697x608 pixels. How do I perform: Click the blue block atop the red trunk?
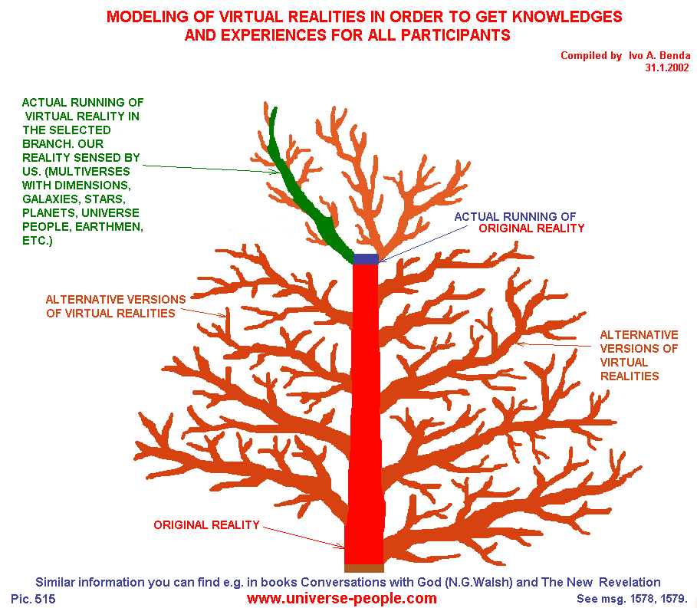[x=366, y=259]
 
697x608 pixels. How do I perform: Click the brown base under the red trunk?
[x=363, y=568]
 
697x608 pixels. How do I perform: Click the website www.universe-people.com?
[x=341, y=598]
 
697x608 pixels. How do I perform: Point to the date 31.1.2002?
[x=668, y=67]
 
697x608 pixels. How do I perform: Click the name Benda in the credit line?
[x=674, y=55]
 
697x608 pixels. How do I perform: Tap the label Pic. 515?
[x=34, y=598]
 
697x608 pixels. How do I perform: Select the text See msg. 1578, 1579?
[x=630, y=598]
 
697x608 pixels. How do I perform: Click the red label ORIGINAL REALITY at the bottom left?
[x=206, y=525]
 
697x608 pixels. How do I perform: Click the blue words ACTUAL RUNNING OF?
[x=515, y=216]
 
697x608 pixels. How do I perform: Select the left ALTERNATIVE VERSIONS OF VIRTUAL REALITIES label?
[x=116, y=306]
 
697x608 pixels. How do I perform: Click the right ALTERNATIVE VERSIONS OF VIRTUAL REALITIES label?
[x=638, y=355]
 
